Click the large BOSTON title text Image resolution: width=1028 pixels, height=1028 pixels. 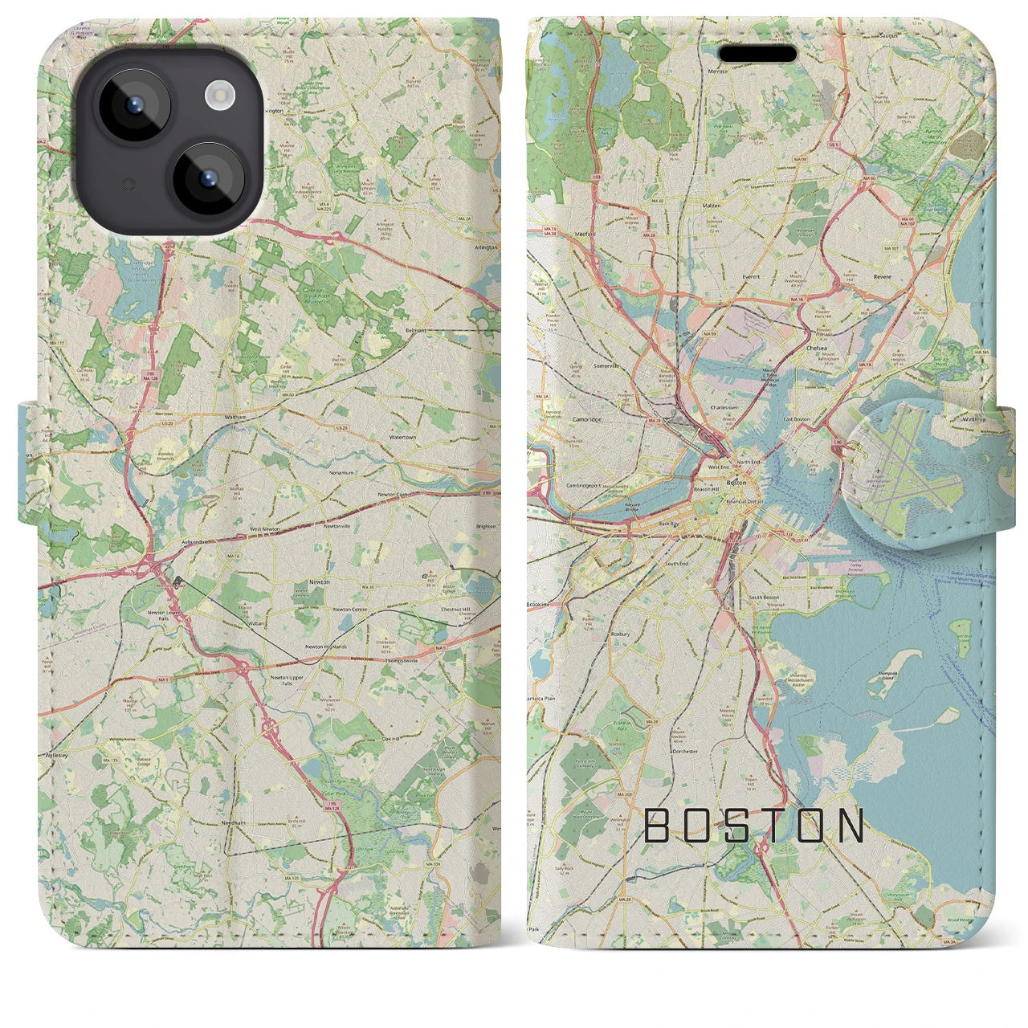754,826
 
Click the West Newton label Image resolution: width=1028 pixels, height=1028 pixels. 265,529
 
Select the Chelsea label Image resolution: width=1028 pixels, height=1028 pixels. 816,349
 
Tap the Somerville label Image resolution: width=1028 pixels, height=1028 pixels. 585,365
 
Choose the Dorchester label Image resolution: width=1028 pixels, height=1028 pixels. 686,752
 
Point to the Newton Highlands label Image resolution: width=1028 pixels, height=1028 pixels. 325,647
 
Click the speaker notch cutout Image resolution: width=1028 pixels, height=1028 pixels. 757,54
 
